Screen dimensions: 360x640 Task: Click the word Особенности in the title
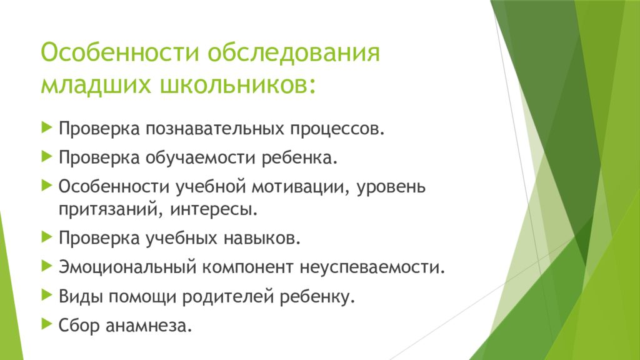pyautogui.click(x=119, y=52)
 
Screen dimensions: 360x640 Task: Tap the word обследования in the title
pyautogui.click(x=294, y=52)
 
